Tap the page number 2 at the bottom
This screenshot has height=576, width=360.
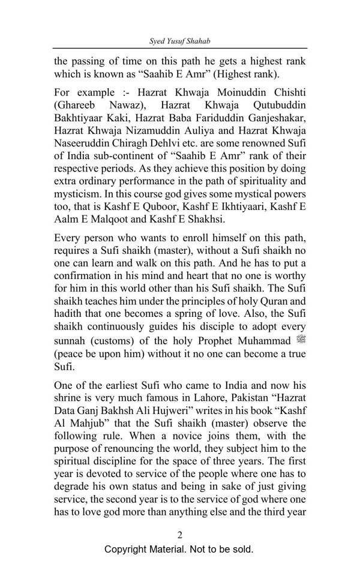(179, 535)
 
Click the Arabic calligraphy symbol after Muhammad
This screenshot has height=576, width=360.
(301, 340)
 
